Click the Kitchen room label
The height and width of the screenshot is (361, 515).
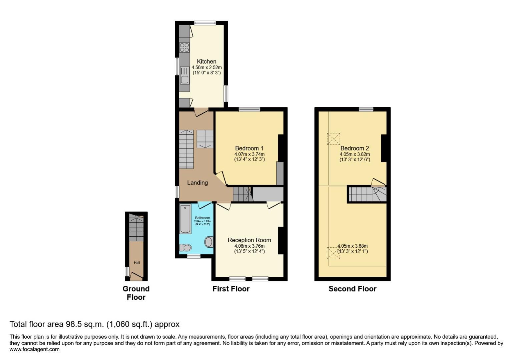pyautogui.click(x=206, y=62)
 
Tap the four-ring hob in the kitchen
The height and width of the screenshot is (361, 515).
pyautogui.click(x=184, y=47)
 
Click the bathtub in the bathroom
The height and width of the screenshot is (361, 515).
pyautogui.click(x=185, y=219)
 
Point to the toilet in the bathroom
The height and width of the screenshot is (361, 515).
pyautogui.click(x=185, y=248)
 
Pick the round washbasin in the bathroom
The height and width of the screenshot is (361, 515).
pyautogui.click(x=209, y=242)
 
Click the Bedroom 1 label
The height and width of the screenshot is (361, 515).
pyautogui.click(x=249, y=148)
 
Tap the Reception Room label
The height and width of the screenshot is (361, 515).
pyautogui.click(x=249, y=240)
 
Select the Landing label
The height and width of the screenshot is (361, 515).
pyautogui.click(x=197, y=183)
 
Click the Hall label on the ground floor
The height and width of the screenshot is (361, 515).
pyautogui.click(x=137, y=263)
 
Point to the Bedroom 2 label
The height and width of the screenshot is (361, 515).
pyautogui.click(x=355, y=148)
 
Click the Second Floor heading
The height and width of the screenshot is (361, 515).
pyautogui.click(x=352, y=289)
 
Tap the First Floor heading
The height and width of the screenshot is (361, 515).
pyautogui.click(x=231, y=289)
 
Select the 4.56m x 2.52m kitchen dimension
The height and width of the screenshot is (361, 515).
pyautogui.click(x=207, y=68)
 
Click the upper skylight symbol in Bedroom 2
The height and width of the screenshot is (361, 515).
pyautogui.click(x=333, y=139)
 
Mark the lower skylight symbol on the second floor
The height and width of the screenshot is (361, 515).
pyautogui.click(x=333, y=253)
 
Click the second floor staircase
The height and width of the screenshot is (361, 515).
pyautogui.click(x=367, y=194)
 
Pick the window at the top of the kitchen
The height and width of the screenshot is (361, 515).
pyautogui.click(x=205, y=23)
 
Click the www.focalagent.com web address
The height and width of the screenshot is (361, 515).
pyautogui.click(x=34, y=349)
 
